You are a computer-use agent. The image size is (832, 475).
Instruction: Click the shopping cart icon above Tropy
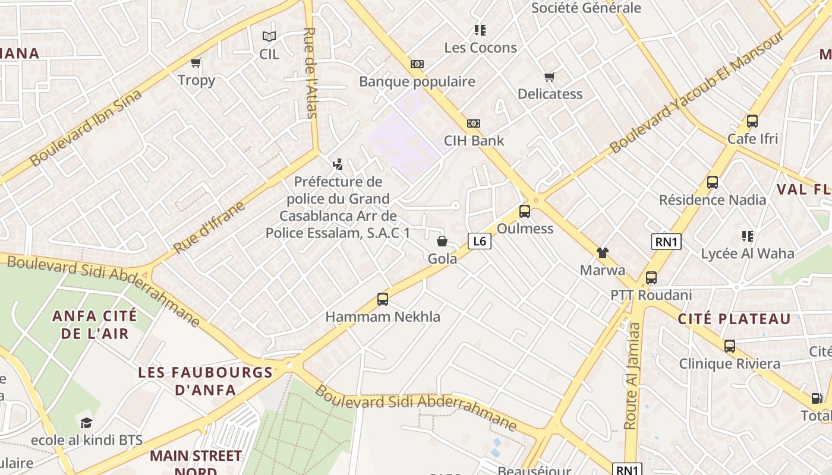click(x=196, y=62)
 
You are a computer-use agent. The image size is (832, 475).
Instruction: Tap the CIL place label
click(x=269, y=54)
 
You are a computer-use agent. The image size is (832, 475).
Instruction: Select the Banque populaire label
click(x=417, y=81)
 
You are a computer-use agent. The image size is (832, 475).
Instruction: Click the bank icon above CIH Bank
click(x=474, y=123)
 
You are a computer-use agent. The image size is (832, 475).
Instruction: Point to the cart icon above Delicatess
click(x=550, y=77)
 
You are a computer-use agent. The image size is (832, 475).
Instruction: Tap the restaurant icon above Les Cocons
click(x=480, y=30)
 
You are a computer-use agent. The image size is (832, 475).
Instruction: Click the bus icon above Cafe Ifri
click(x=752, y=121)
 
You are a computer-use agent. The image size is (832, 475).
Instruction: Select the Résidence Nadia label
click(x=713, y=199)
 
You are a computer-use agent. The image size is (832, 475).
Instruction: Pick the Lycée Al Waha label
click(x=747, y=254)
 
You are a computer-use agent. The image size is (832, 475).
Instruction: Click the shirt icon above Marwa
click(x=603, y=253)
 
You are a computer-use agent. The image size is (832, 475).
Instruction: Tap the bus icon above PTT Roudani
click(x=651, y=277)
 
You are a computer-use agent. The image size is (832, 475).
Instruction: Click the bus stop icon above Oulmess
click(x=525, y=211)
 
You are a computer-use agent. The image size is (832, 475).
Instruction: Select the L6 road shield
click(x=480, y=241)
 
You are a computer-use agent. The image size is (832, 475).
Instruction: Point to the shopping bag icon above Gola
click(x=442, y=241)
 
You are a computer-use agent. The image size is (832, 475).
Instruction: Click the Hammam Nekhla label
click(x=383, y=316)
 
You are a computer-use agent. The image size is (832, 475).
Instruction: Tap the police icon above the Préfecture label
click(x=338, y=164)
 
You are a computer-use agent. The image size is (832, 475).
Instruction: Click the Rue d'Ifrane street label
click(x=209, y=228)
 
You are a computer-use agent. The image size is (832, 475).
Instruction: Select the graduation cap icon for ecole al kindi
click(x=87, y=423)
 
